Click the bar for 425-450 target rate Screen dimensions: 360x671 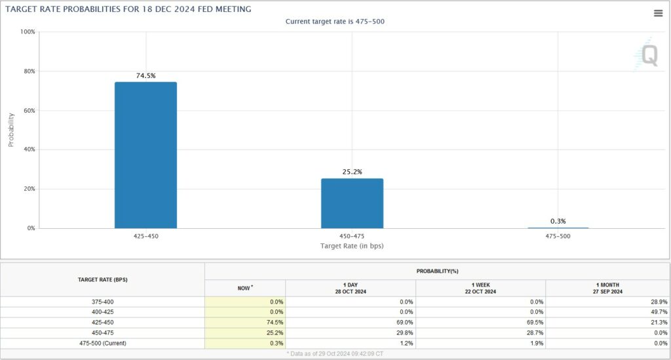(145, 155)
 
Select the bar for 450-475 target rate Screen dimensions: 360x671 (352, 203)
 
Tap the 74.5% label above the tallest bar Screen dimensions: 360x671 (145, 75)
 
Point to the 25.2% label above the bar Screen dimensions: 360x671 (352, 172)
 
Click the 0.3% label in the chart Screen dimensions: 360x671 (558, 221)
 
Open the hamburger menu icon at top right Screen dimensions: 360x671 (658, 13)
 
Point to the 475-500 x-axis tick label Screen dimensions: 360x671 (558, 235)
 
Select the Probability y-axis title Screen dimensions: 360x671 (11, 129)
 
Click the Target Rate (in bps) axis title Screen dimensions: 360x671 (351, 245)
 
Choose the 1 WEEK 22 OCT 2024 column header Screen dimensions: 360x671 (480, 288)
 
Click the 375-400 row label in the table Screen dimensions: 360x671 (102, 302)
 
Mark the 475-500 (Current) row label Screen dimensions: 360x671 (102, 342)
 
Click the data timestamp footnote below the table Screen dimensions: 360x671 (335, 354)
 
